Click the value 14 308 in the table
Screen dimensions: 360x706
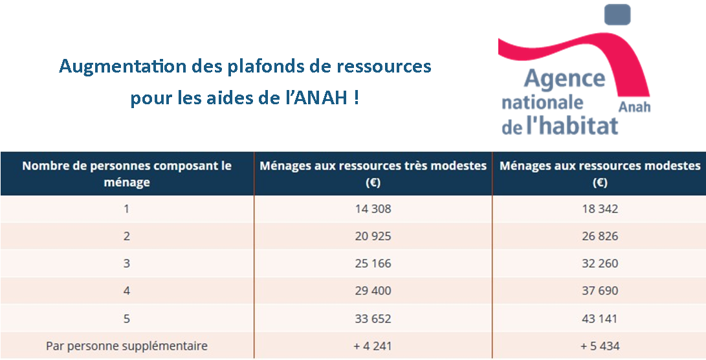(373, 208)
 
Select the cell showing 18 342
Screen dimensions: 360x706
(600, 208)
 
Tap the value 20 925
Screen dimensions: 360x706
(373, 236)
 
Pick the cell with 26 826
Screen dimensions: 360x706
(600, 236)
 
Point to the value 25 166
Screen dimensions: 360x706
(373, 264)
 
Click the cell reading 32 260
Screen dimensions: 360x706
(600, 264)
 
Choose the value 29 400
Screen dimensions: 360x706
(373, 291)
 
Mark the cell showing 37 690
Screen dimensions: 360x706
(600, 291)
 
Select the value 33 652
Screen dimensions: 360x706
(373, 319)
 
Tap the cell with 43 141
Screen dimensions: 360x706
(600, 319)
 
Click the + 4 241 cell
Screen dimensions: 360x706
(373, 346)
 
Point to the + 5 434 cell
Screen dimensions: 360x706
(600, 346)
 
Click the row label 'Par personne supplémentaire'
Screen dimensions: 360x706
(127, 346)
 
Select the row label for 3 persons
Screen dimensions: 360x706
(127, 264)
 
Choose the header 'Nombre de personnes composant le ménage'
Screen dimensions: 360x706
(127, 174)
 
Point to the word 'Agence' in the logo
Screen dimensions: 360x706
(564, 79)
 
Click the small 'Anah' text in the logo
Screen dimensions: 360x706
(634, 107)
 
